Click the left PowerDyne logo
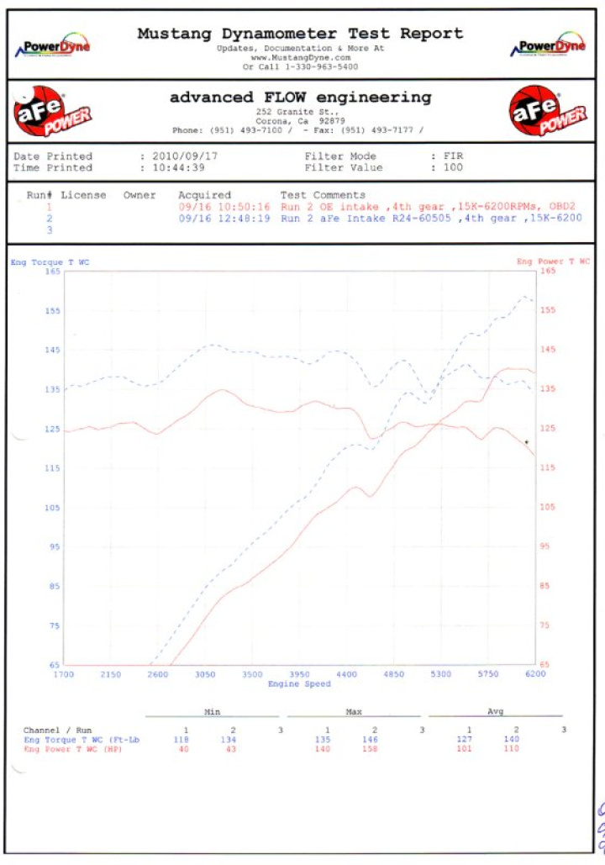[56, 48]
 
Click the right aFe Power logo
[548, 113]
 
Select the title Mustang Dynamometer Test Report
[300, 34]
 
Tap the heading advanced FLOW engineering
[300, 98]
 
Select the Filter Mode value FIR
[453, 156]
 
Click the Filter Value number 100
[453, 167]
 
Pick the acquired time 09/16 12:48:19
[224, 218]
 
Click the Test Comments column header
[323, 195]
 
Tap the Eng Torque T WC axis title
[50, 262]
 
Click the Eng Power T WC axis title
[553, 262]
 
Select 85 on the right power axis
[544, 586]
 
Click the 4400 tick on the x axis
[346, 674]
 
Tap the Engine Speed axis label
[300, 684]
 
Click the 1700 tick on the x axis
[64, 674]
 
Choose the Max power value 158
[375, 749]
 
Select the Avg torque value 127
[470, 740]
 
